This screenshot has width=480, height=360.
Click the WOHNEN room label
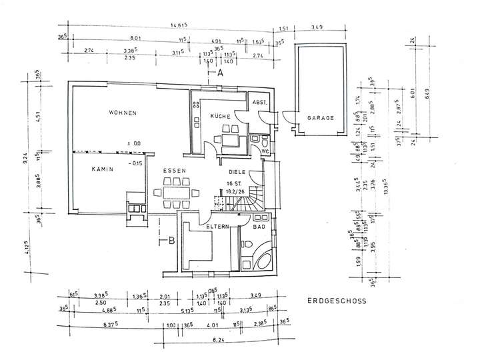123,113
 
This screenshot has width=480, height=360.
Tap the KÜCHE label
220,117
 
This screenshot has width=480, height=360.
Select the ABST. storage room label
259,102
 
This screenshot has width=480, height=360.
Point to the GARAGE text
320,117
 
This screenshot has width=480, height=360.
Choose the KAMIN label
103,169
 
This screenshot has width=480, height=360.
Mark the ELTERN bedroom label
217,227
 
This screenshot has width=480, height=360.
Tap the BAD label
260,227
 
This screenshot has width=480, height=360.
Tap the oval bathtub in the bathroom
259,261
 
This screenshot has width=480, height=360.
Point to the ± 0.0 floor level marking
134,143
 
